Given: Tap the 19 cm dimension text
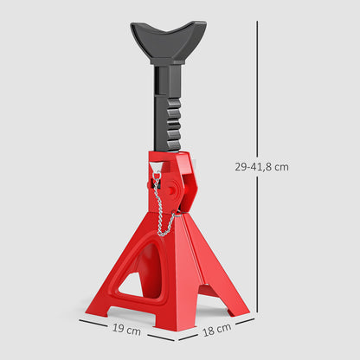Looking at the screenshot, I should (126, 330).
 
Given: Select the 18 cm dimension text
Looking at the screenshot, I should (218, 328).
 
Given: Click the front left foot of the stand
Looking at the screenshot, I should (97, 304).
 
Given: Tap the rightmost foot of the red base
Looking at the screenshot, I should (240, 307).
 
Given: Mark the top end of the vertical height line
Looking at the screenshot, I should (257, 22).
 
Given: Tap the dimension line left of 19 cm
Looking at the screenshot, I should (95, 323).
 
